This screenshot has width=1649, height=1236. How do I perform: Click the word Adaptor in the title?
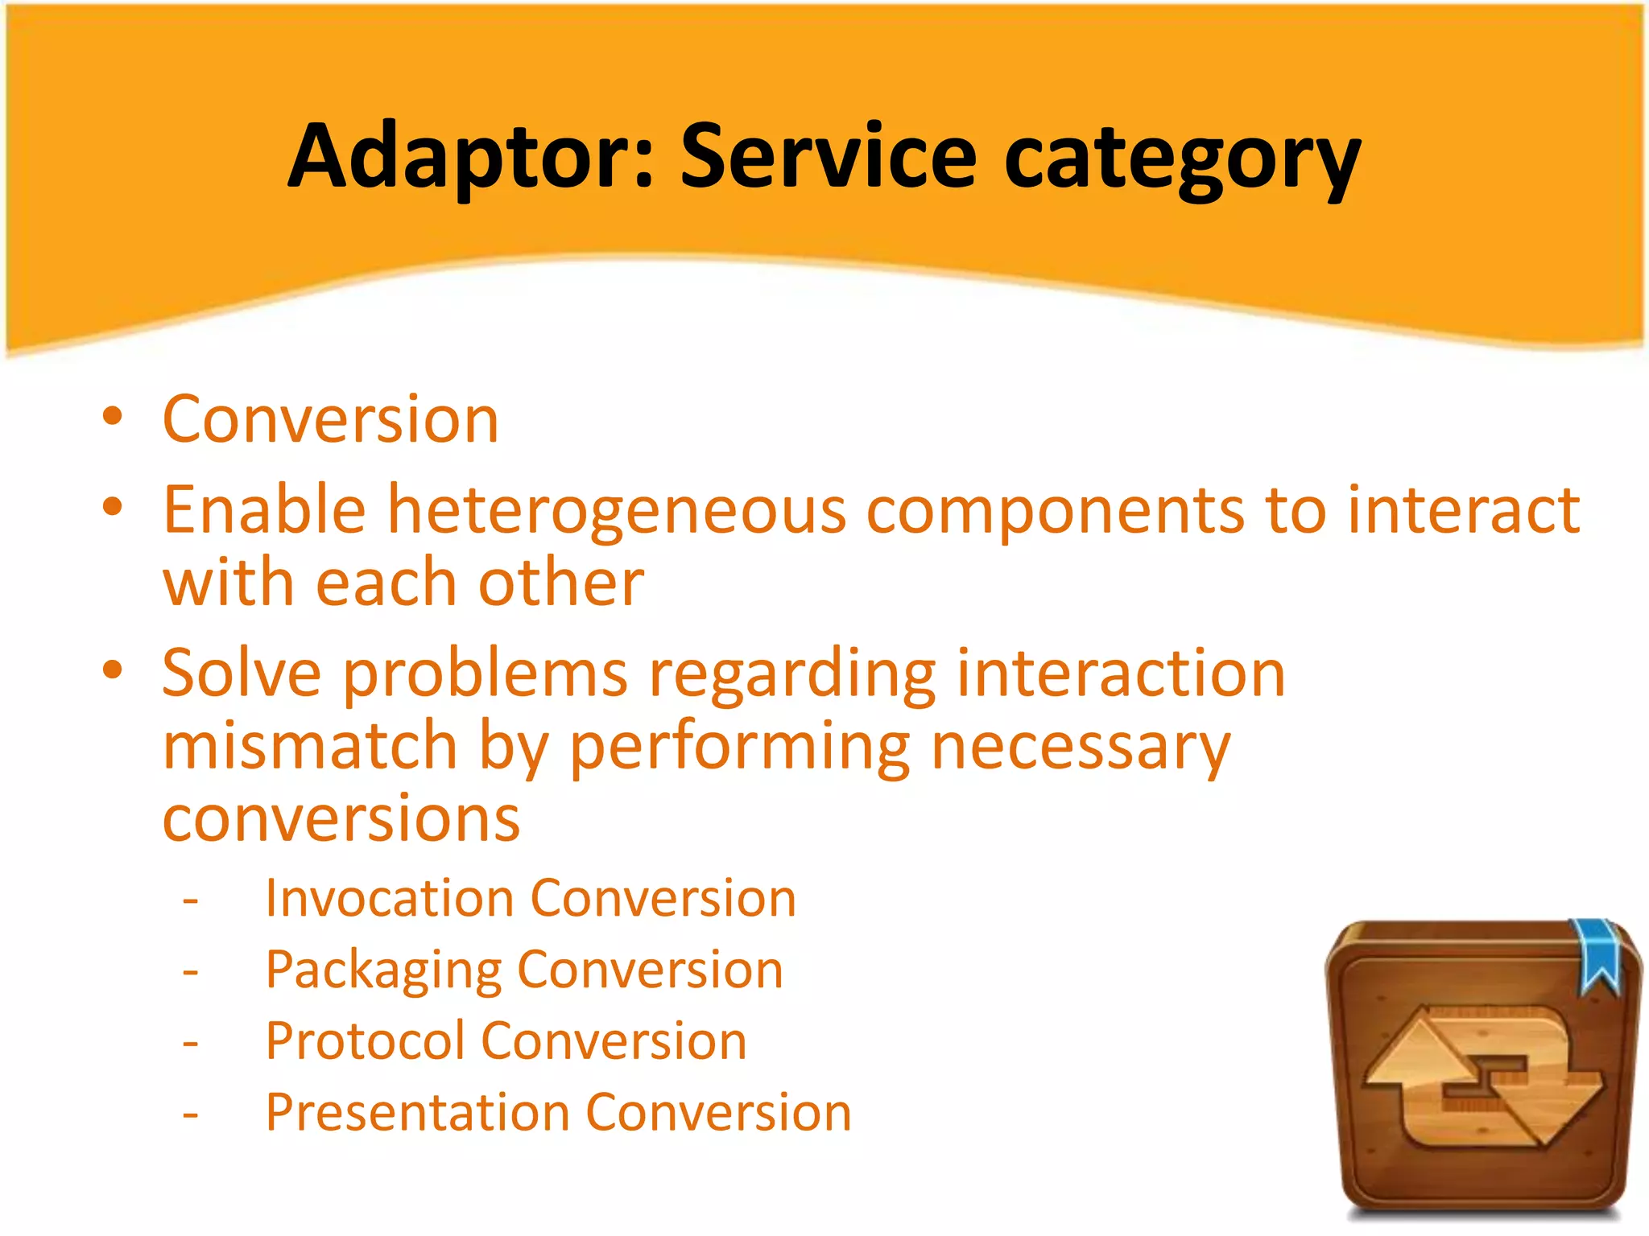pyautogui.click(x=467, y=157)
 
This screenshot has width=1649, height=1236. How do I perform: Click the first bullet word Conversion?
pyautogui.click(x=331, y=420)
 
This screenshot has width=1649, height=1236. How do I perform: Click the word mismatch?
pyautogui.click(x=311, y=747)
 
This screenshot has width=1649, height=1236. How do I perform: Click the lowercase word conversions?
pyautogui.click(x=341, y=819)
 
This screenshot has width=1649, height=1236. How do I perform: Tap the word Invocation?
pyautogui.click(x=390, y=898)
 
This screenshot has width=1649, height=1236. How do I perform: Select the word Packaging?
pyautogui.click(x=383, y=970)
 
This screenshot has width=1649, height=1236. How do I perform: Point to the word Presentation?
pyautogui.click(x=418, y=1113)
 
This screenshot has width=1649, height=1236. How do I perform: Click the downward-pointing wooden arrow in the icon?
pyautogui.click(x=1550, y=1106)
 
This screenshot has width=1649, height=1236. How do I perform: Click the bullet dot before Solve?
pyautogui.click(x=113, y=669)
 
